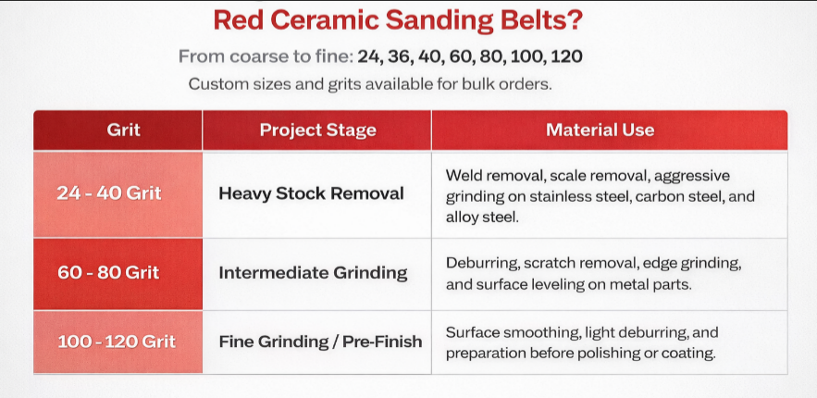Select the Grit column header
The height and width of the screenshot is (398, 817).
click(123, 131)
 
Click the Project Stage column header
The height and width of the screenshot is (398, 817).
click(317, 131)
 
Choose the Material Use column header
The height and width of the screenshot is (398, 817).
click(600, 131)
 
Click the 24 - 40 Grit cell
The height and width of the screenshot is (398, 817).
click(109, 193)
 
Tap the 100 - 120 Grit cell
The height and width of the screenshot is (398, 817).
click(117, 341)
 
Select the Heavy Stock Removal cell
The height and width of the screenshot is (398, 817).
click(311, 193)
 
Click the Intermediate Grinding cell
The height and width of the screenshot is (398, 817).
click(313, 273)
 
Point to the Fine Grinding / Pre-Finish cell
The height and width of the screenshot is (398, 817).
click(320, 341)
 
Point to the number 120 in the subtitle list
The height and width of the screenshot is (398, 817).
click(566, 56)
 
